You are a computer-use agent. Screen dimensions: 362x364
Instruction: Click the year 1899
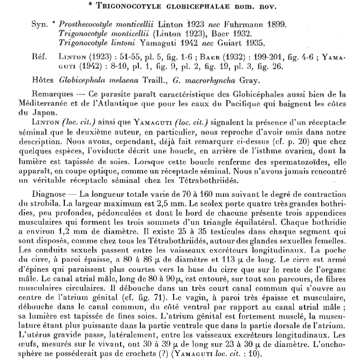pyautogui.click(x=268, y=25)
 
